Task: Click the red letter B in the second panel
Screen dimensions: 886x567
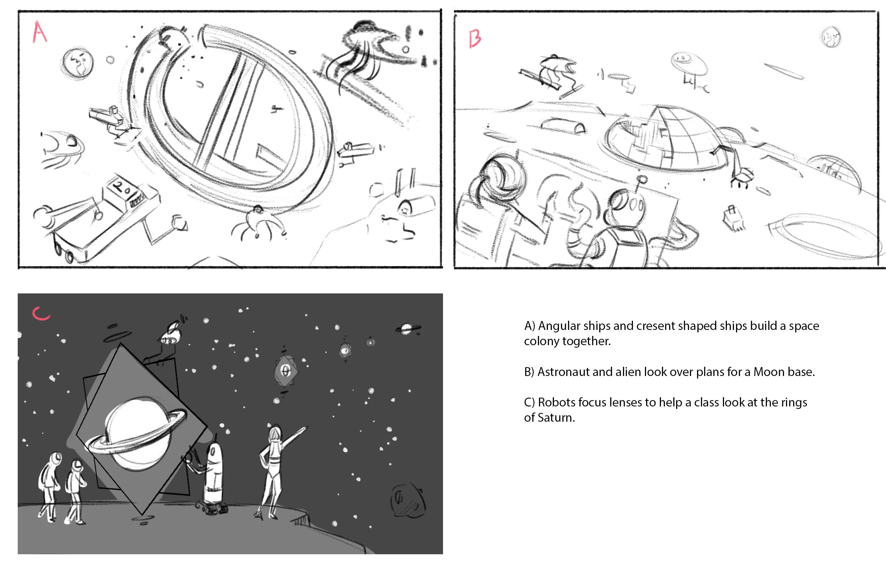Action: (475, 39)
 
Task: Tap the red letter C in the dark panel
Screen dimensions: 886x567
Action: (41, 313)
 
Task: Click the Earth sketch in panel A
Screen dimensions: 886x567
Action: (77, 63)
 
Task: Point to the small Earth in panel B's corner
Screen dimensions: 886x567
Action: (830, 37)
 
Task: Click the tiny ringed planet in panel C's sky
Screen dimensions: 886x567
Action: (408, 329)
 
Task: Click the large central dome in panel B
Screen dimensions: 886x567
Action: (664, 140)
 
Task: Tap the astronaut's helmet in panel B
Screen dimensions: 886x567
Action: (501, 177)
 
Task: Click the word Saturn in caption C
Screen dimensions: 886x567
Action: (556, 418)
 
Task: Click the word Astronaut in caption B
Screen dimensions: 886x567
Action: (563, 372)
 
